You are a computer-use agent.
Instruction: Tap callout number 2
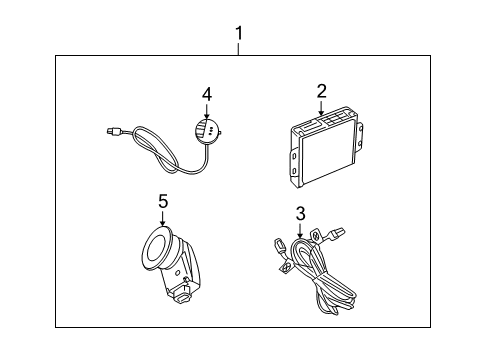coord(321,92)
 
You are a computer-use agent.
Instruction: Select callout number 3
coord(299,213)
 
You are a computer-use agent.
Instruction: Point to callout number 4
coord(206,95)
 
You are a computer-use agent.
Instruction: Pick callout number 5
coord(163,201)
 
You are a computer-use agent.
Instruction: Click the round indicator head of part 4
coord(209,132)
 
